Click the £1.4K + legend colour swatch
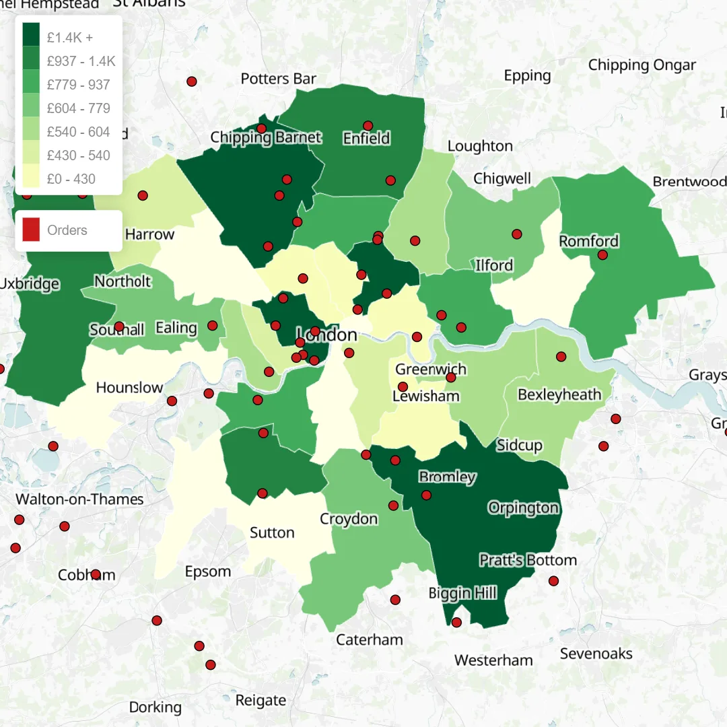click(31, 37)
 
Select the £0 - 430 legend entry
click(71, 179)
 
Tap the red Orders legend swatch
click(31, 230)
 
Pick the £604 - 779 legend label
click(78, 108)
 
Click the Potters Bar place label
click(278, 79)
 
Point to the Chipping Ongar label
click(642, 65)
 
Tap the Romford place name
click(588, 241)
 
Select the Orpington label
click(523, 508)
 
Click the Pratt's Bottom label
click(528, 560)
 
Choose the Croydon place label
click(349, 519)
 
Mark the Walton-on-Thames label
click(79, 499)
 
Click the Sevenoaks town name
click(596, 653)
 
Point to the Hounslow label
click(129, 387)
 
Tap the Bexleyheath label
click(559, 394)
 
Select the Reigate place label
click(261, 700)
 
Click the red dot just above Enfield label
click(368, 126)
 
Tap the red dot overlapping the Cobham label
click(96, 574)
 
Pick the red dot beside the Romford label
click(602, 255)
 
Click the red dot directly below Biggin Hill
click(456, 622)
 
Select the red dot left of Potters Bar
click(191, 81)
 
